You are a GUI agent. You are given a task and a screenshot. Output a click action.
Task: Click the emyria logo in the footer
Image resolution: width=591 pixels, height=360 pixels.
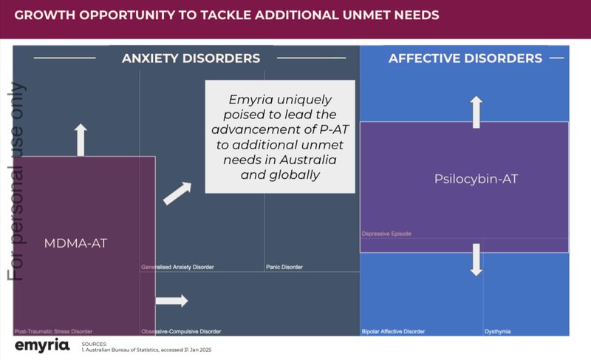tap(42, 345)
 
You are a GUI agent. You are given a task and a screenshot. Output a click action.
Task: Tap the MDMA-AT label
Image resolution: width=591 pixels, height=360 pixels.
tap(75, 242)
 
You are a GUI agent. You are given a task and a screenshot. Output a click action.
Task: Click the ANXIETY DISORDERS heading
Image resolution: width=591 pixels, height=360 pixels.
tap(191, 58)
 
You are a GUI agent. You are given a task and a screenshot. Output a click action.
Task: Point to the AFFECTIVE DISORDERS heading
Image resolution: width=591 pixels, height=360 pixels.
tap(465, 58)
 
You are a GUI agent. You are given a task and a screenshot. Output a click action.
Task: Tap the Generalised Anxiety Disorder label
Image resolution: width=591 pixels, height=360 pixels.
tap(178, 267)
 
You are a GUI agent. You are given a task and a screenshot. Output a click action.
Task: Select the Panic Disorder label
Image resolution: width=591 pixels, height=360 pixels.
tap(284, 267)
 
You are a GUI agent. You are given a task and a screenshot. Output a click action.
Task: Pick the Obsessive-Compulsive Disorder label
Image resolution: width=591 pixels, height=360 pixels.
tap(181, 331)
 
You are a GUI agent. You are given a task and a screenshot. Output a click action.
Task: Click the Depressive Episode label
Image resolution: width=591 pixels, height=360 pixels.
tap(386, 234)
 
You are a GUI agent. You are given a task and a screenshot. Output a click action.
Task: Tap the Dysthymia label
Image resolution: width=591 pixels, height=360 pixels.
tap(497, 331)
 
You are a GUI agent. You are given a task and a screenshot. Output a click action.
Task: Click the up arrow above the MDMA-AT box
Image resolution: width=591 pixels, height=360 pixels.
tap(81, 140)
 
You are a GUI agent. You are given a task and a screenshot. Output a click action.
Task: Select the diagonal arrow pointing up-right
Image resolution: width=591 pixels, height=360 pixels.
tap(177, 193)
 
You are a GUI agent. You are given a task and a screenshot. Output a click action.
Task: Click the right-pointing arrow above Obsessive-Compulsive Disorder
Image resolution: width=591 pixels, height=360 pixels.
tap(171, 301)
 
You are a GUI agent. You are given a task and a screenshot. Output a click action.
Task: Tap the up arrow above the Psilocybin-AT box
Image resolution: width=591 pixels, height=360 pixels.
tap(476, 111)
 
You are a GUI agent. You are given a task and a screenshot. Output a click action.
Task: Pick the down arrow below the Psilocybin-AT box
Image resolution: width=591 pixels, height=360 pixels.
tap(476, 259)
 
